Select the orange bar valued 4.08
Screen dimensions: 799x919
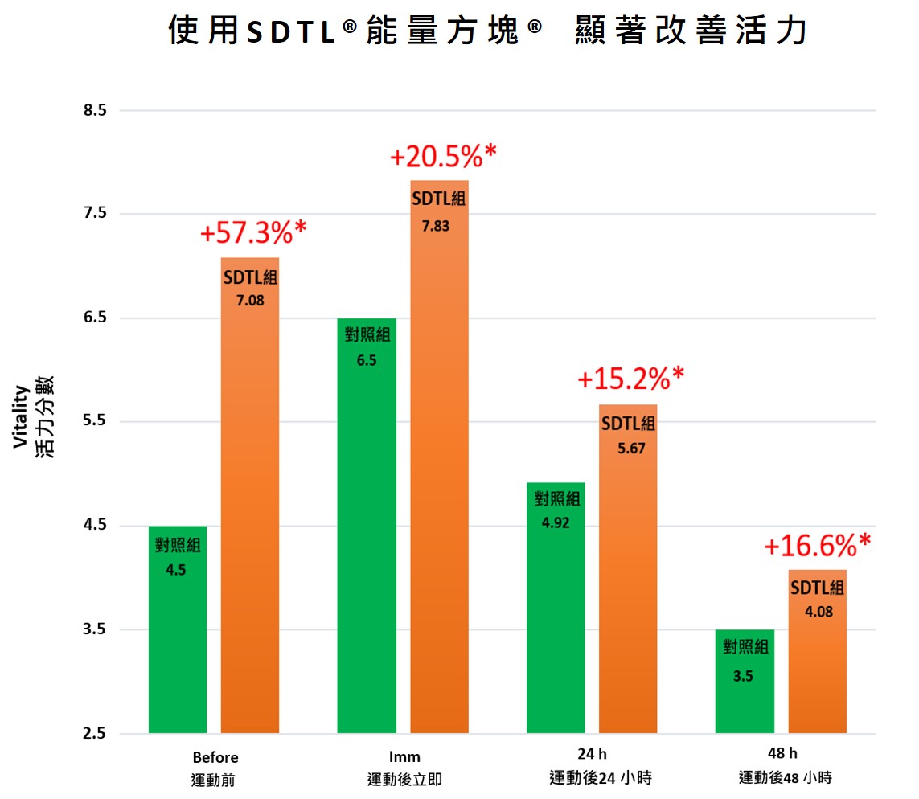click(x=817, y=651)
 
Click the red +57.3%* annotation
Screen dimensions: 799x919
click(x=253, y=232)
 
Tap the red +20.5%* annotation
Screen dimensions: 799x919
click(x=443, y=157)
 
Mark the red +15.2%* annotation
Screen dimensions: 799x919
click(x=630, y=377)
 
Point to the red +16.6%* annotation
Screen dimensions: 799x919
click(x=817, y=546)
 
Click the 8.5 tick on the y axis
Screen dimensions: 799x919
click(x=95, y=110)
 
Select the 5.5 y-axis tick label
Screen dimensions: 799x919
click(x=95, y=422)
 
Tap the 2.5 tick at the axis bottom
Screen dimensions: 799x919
click(x=95, y=734)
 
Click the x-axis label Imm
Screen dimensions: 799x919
click(x=404, y=757)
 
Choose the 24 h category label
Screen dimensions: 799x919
click(x=593, y=754)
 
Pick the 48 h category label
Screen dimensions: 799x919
click(x=782, y=754)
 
